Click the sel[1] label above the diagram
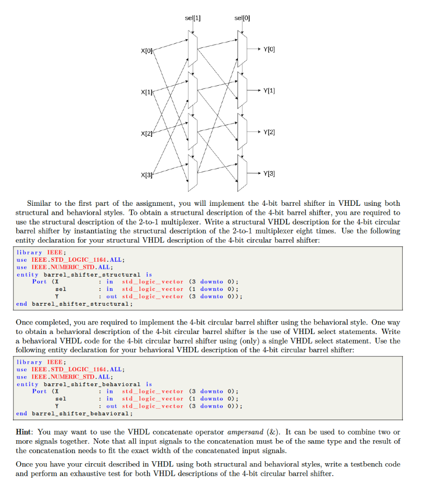point(193,19)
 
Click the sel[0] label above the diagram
point(242,19)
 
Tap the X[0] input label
point(146,50)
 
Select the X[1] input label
point(146,91)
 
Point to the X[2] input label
point(146,132)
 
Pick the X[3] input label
point(146,174)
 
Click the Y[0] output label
point(270,49)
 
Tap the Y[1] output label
point(270,90)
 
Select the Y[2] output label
point(270,132)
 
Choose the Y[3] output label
point(270,173)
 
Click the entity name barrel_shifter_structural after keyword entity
point(92,275)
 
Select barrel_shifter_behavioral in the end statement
point(80,413)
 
